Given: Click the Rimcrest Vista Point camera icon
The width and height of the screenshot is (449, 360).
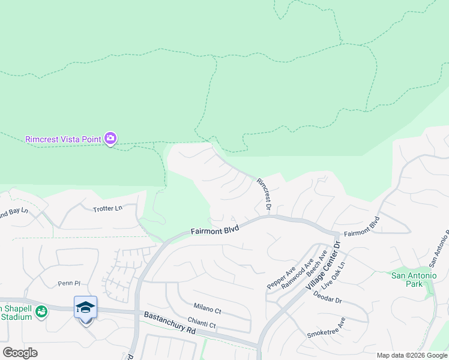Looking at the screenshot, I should [x=110, y=139].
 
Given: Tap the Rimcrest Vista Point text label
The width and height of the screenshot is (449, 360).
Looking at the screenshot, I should [x=63, y=139].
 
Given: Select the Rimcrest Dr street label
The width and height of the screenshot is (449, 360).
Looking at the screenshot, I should [x=265, y=193].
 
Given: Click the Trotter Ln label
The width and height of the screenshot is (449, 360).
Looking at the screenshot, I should [x=107, y=209].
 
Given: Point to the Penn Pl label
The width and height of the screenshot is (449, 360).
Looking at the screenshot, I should [x=69, y=281].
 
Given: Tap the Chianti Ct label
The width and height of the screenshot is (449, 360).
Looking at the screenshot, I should [x=200, y=324].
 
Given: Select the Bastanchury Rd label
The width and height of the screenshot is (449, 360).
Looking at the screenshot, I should [x=170, y=323].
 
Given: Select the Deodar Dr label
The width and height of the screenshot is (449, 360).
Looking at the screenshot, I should [x=331, y=300].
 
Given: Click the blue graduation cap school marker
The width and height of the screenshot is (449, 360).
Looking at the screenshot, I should [x=85, y=307].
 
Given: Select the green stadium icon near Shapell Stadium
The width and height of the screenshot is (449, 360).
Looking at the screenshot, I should [x=41, y=311].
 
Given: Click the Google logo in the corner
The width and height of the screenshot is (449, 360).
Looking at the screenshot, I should [x=20, y=353].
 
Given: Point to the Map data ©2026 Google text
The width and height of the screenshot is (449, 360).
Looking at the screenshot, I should [x=411, y=355].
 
